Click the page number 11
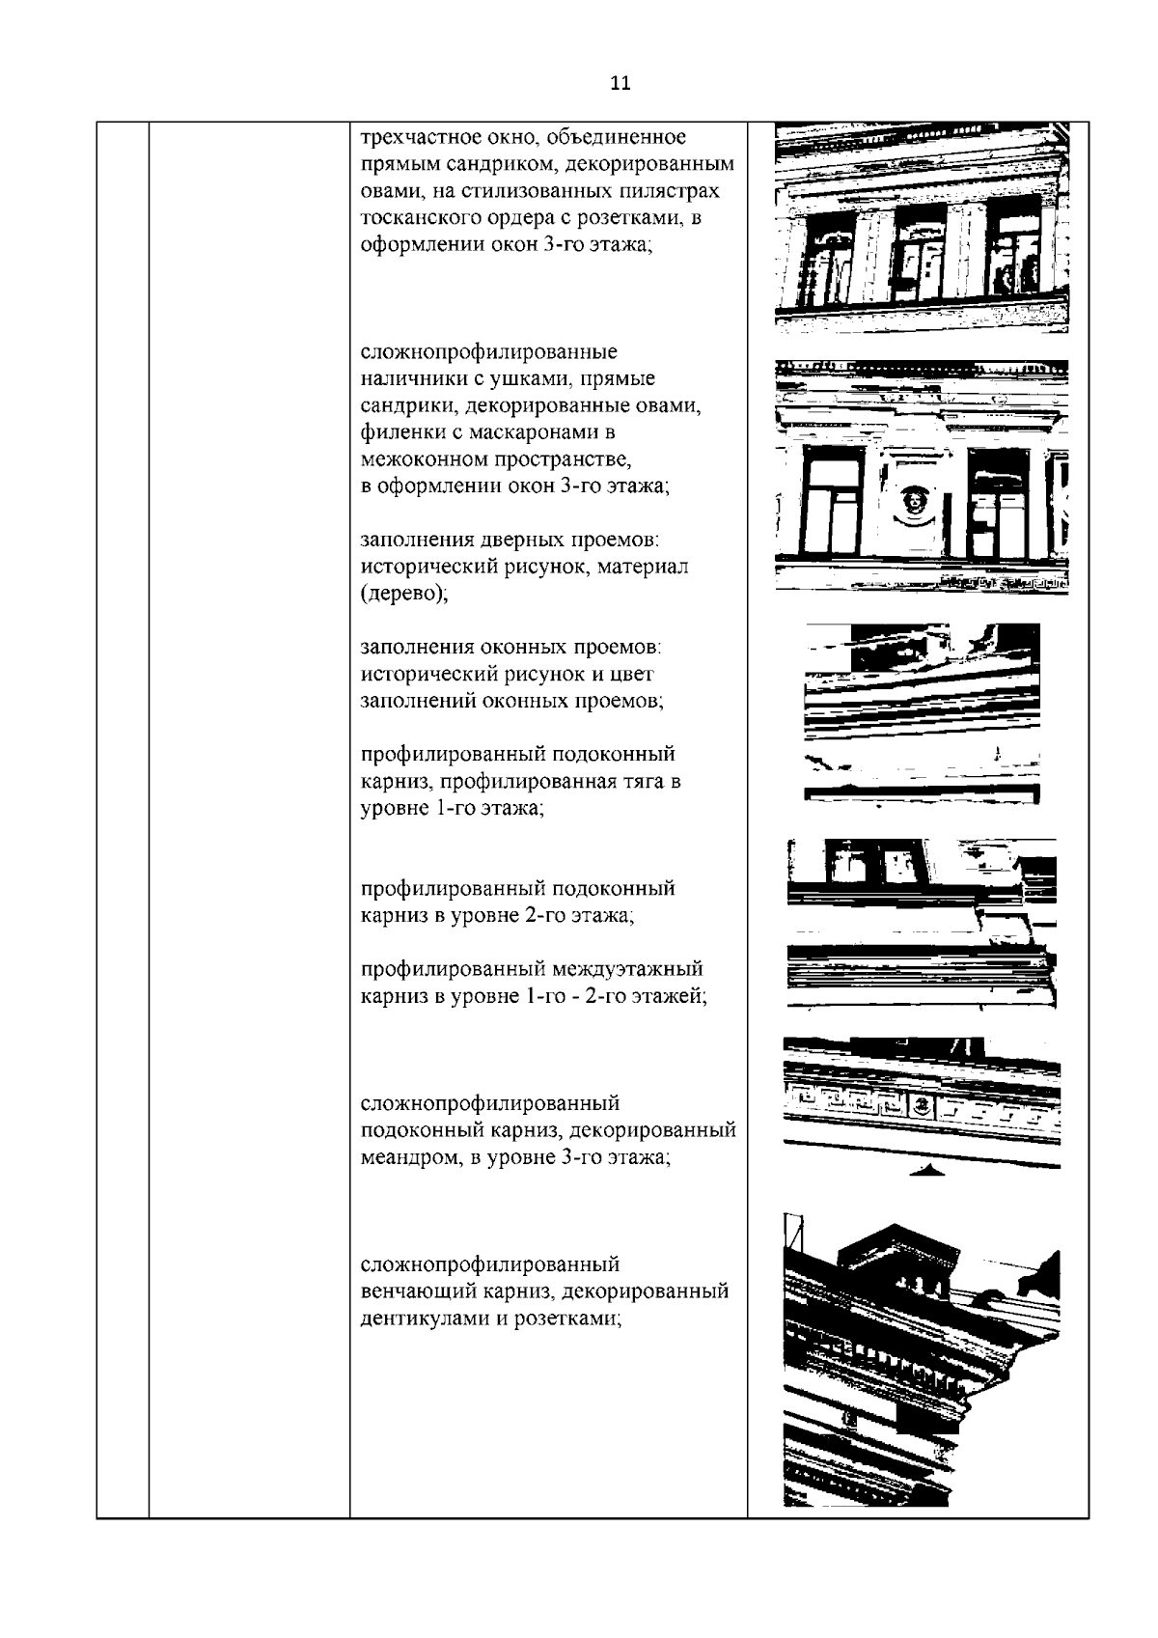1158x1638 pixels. [620, 83]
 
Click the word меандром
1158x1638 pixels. [406, 1158]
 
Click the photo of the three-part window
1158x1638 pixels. [922, 228]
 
